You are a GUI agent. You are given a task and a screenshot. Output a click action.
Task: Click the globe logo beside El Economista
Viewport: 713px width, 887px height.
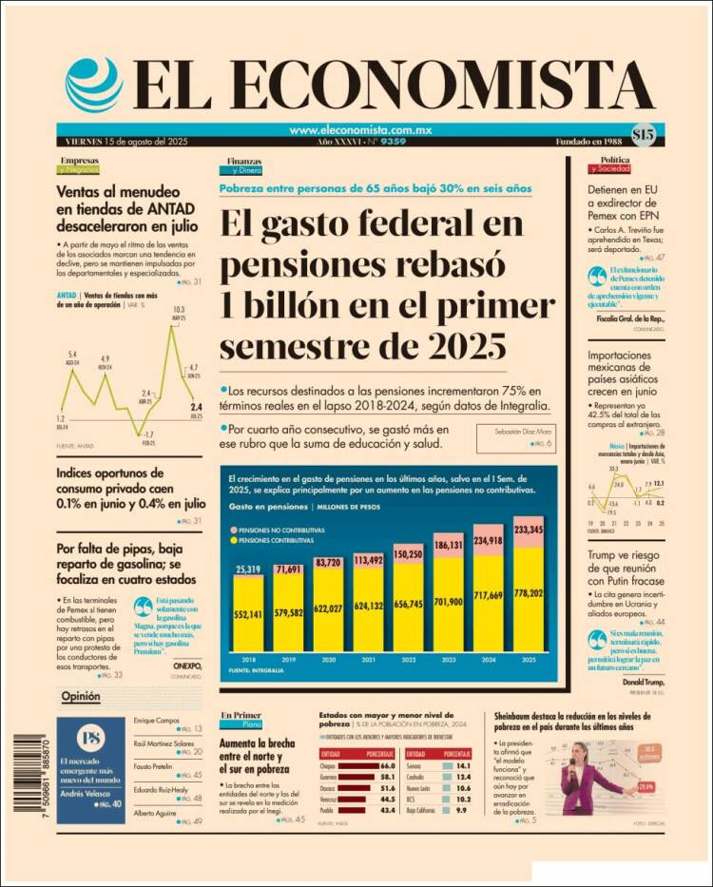94,85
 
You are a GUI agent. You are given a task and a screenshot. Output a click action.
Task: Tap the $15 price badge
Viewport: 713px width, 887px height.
643,135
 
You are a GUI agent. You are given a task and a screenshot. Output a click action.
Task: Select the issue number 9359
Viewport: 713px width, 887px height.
392,142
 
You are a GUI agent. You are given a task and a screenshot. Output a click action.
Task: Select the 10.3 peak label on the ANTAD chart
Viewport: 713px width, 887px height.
178,310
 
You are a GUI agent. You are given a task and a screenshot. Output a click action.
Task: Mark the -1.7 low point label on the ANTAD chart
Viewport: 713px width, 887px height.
148,433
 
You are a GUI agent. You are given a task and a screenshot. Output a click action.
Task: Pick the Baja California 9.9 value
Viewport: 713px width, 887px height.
464,810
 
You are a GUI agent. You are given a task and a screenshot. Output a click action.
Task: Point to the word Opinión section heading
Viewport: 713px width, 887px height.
81,698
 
